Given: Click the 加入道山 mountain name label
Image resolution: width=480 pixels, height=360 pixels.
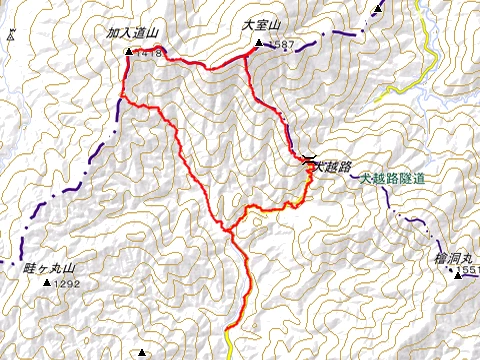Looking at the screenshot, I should [135, 33].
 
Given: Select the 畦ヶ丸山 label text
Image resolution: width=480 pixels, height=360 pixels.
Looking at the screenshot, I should [50, 269].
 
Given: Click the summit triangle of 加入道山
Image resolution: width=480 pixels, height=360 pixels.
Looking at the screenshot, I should [128, 52].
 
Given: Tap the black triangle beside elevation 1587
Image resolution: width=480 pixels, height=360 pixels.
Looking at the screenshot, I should [258, 43].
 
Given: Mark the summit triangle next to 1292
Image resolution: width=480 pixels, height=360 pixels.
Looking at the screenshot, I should [46, 283].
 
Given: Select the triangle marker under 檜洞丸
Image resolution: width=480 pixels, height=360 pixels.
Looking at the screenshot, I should [458, 272].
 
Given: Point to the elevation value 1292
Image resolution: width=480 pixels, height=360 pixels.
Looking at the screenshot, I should [68, 284].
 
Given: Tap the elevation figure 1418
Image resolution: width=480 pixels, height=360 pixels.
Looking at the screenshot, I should [148, 52].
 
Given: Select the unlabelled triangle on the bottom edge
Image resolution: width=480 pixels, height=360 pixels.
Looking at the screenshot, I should [142, 352].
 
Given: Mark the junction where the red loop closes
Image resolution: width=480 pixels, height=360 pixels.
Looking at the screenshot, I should [230, 231].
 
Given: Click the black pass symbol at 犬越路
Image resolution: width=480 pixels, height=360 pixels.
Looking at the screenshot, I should [308, 160].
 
